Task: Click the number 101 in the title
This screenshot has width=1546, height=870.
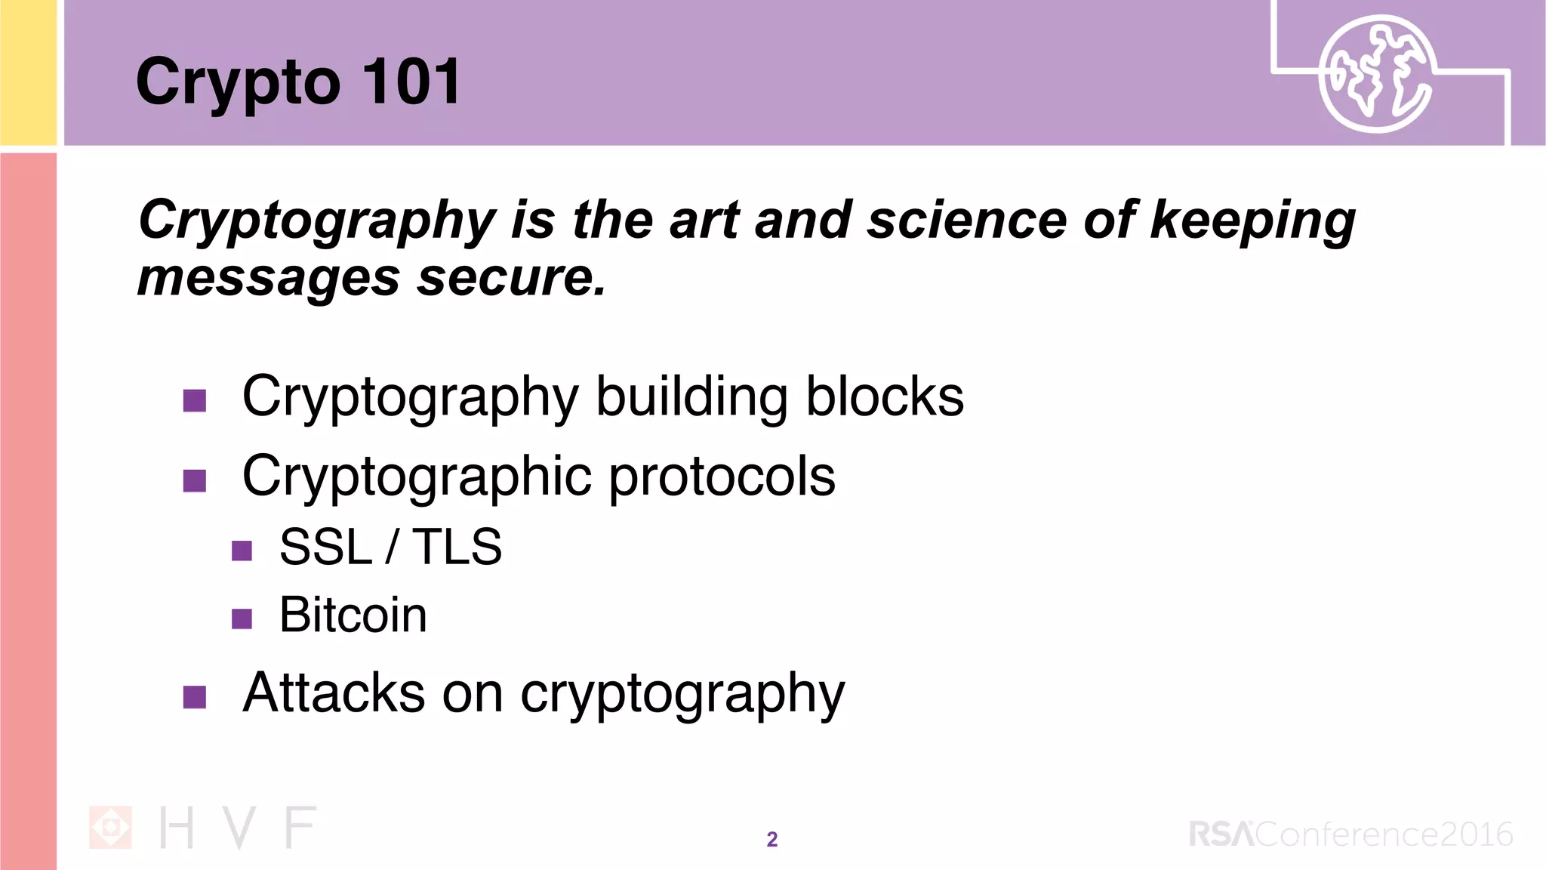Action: coord(411,82)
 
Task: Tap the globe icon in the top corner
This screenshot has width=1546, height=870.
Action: coord(1376,74)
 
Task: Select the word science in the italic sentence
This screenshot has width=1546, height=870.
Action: coord(966,220)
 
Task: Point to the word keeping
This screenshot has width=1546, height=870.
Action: coord(1252,221)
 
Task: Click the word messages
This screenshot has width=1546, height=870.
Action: coord(268,277)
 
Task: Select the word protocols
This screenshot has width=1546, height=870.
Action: coord(722,476)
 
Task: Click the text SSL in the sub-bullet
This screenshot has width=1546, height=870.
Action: coord(325,546)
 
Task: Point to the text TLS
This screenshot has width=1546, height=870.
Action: coord(457,546)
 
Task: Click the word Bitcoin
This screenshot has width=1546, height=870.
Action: coord(353,614)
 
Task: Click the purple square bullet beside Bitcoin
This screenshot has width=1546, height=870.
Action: coord(242,619)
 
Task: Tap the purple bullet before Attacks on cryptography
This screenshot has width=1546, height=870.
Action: coord(195,697)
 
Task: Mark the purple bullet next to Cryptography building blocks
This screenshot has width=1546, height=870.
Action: coord(195,400)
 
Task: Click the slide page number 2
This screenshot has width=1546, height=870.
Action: coord(771,839)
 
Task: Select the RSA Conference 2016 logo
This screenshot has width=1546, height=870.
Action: coord(1350,834)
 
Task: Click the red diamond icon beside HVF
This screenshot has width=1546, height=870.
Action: coord(110,828)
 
